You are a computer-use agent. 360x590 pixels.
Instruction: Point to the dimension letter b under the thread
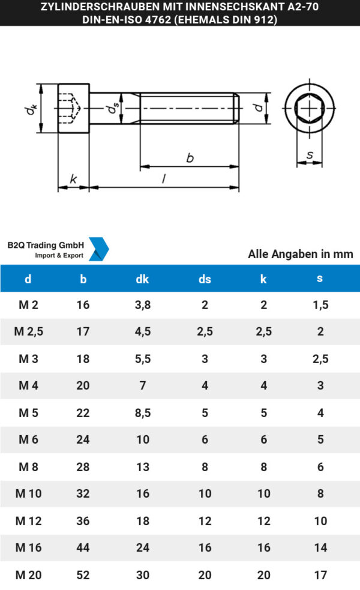190,158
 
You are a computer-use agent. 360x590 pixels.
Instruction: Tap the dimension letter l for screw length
164,179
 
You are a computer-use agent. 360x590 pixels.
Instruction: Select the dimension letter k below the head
73,179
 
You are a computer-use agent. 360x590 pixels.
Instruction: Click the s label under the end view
310,155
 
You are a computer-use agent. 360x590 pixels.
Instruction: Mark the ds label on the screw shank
112,109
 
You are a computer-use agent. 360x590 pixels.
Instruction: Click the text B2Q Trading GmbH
45,245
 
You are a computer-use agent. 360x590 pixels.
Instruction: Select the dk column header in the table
142,278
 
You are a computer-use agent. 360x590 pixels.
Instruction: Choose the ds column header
205,278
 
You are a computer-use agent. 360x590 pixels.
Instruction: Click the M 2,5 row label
31,331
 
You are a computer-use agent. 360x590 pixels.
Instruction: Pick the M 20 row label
28,575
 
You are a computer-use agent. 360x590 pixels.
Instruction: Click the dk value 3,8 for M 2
143,305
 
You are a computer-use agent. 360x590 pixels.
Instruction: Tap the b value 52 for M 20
83,575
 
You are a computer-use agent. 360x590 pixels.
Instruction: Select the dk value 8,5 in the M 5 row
143,412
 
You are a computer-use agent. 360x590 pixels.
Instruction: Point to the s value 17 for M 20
321,575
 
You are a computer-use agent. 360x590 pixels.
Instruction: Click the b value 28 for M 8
83,467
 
